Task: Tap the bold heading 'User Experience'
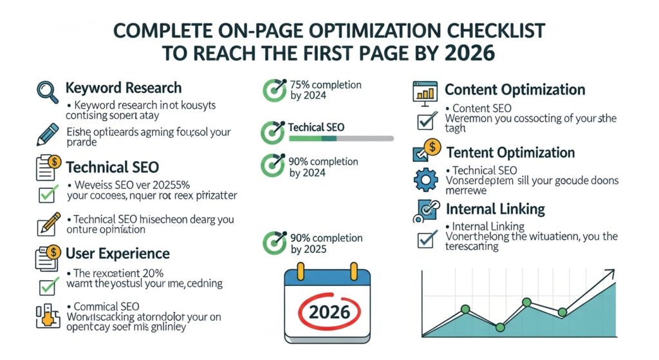click(118, 253)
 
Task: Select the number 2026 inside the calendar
click(329, 312)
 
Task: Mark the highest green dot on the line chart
click(526, 301)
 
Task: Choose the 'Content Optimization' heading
click(515, 90)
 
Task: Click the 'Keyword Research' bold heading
click(124, 88)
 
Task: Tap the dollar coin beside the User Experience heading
click(54, 251)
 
